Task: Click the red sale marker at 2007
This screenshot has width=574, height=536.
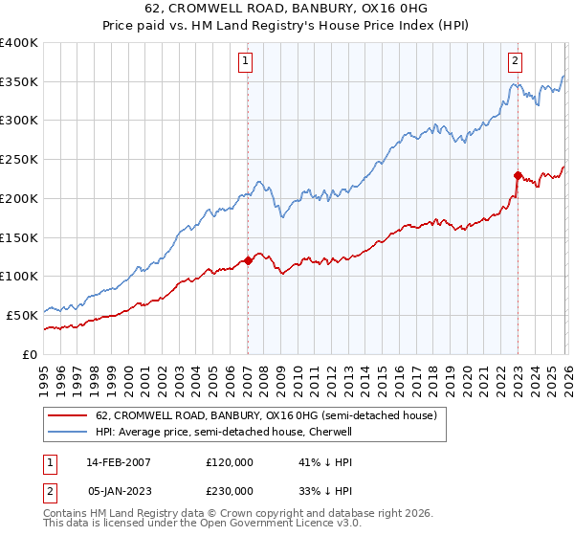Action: tap(248, 260)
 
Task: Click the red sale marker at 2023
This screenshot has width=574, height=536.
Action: tap(518, 175)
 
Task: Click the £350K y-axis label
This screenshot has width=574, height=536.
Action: tap(19, 82)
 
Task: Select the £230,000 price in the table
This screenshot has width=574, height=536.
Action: tap(230, 490)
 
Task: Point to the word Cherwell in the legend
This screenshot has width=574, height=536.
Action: tap(330, 433)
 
